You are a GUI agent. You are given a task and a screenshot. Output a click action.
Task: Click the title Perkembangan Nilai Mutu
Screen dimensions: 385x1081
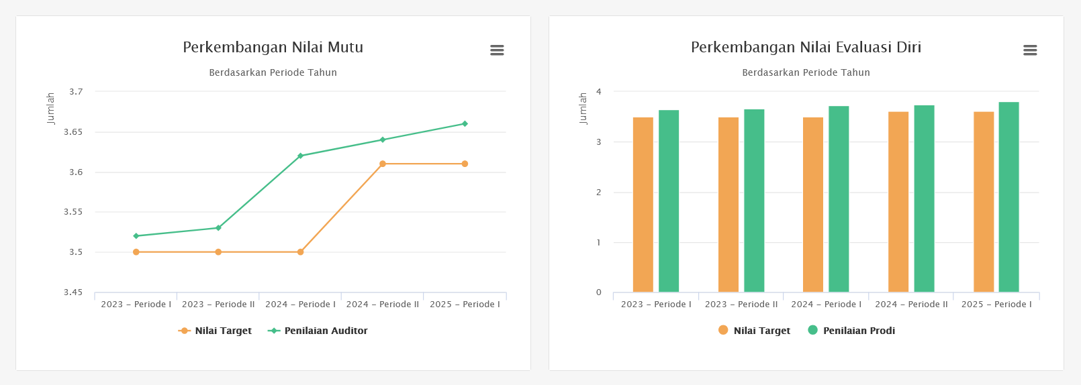tap(273, 48)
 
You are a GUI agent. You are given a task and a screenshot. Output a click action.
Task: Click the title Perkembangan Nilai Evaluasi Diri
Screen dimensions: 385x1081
tap(806, 48)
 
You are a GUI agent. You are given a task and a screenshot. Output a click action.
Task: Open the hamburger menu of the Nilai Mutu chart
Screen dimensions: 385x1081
tap(497, 50)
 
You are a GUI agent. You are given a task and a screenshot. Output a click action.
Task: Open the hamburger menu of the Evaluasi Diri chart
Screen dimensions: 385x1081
tap(1030, 50)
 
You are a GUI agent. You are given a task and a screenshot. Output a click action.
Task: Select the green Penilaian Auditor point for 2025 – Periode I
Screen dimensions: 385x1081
tap(465, 124)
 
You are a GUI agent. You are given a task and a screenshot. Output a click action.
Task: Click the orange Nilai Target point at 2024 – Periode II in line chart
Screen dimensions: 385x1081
tap(383, 164)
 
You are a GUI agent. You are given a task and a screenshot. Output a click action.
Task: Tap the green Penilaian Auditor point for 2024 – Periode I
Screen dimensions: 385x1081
tap(300, 156)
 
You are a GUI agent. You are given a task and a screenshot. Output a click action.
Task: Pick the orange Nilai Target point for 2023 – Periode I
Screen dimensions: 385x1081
tap(136, 252)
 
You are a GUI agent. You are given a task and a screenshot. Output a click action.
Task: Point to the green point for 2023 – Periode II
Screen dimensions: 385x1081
tap(218, 228)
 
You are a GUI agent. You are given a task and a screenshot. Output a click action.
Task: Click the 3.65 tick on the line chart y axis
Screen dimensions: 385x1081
tap(73, 132)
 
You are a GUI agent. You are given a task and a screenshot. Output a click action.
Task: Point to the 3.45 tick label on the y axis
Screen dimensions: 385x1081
tap(73, 292)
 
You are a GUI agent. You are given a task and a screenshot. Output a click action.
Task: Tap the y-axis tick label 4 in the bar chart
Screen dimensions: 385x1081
tap(599, 92)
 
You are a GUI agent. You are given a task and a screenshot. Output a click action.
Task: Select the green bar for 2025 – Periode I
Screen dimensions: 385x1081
tap(1008, 197)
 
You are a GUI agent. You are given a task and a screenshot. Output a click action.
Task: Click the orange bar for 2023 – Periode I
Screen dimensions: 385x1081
tap(643, 205)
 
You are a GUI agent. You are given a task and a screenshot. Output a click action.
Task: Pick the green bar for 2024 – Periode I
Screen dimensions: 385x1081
tap(839, 199)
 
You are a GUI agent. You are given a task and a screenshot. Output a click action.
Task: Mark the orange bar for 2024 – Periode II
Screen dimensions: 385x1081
tap(898, 202)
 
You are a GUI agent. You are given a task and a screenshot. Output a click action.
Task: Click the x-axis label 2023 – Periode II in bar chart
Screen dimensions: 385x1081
tap(741, 305)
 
